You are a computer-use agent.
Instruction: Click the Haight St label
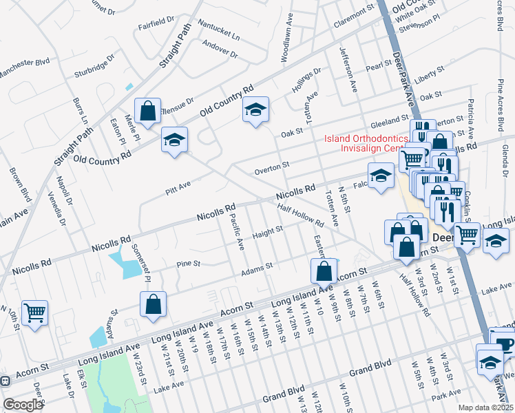[268, 232]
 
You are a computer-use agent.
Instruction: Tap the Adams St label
[257, 268]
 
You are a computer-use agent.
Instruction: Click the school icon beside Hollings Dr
[255, 109]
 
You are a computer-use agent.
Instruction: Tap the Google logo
[23, 404]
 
